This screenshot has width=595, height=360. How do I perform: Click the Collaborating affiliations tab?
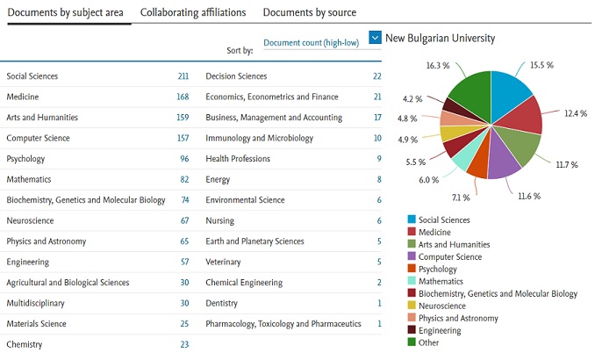(192, 12)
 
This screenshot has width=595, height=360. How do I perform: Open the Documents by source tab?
(309, 12)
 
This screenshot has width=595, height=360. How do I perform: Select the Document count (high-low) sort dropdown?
(311, 43)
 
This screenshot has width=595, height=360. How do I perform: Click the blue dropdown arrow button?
(375, 38)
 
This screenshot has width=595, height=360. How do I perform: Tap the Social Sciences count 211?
(183, 76)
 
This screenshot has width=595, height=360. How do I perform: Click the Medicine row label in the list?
(23, 97)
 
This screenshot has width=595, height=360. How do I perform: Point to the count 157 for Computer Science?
(183, 138)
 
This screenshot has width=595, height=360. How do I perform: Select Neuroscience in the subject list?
(31, 220)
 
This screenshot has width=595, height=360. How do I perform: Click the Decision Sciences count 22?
(376, 76)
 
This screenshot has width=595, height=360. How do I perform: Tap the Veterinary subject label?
(224, 262)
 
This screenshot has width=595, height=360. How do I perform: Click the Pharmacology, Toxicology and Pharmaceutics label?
(283, 324)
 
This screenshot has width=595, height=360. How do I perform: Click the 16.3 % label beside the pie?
(438, 65)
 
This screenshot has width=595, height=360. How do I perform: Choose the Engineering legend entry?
(440, 330)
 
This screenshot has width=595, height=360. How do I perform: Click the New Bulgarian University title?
(440, 38)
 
